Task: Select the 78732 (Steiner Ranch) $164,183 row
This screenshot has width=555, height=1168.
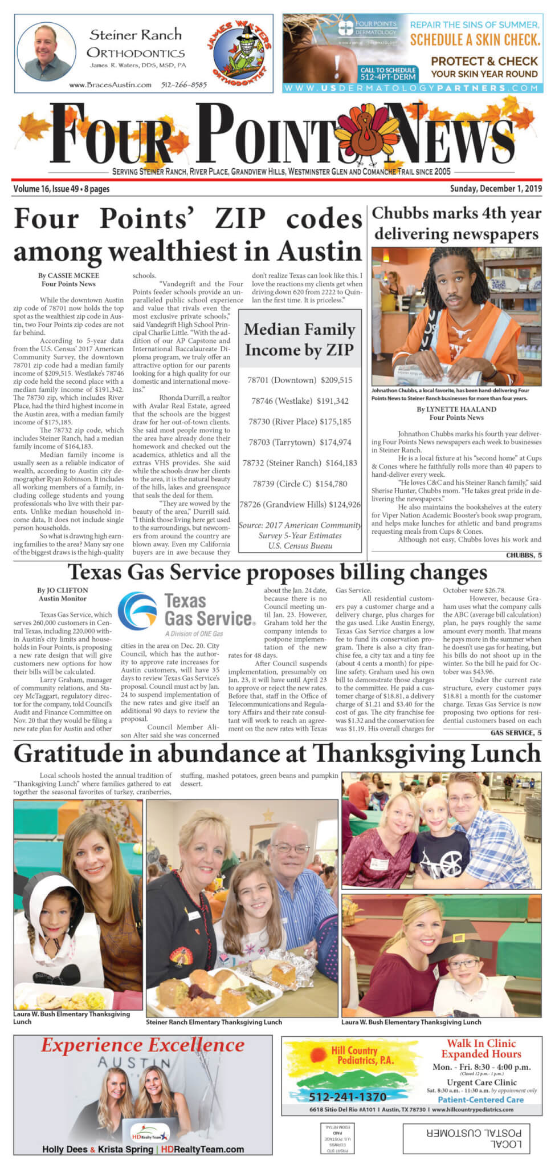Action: pos(300,463)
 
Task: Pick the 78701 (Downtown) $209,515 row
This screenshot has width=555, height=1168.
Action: pos(300,380)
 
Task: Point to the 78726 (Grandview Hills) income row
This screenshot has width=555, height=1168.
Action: pos(300,504)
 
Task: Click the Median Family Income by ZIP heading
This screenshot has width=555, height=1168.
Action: pos(300,339)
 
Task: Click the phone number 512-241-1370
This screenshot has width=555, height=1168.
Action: pos(348,1097)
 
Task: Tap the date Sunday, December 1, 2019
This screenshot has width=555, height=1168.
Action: pos(496,189)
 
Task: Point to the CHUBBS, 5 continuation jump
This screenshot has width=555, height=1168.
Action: pos(523,555)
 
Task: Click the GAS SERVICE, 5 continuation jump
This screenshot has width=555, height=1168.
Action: pos(516,733)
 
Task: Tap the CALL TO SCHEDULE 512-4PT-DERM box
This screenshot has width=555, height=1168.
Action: pos(388,74)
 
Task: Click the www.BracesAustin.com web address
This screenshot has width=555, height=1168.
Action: pos(111,85)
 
